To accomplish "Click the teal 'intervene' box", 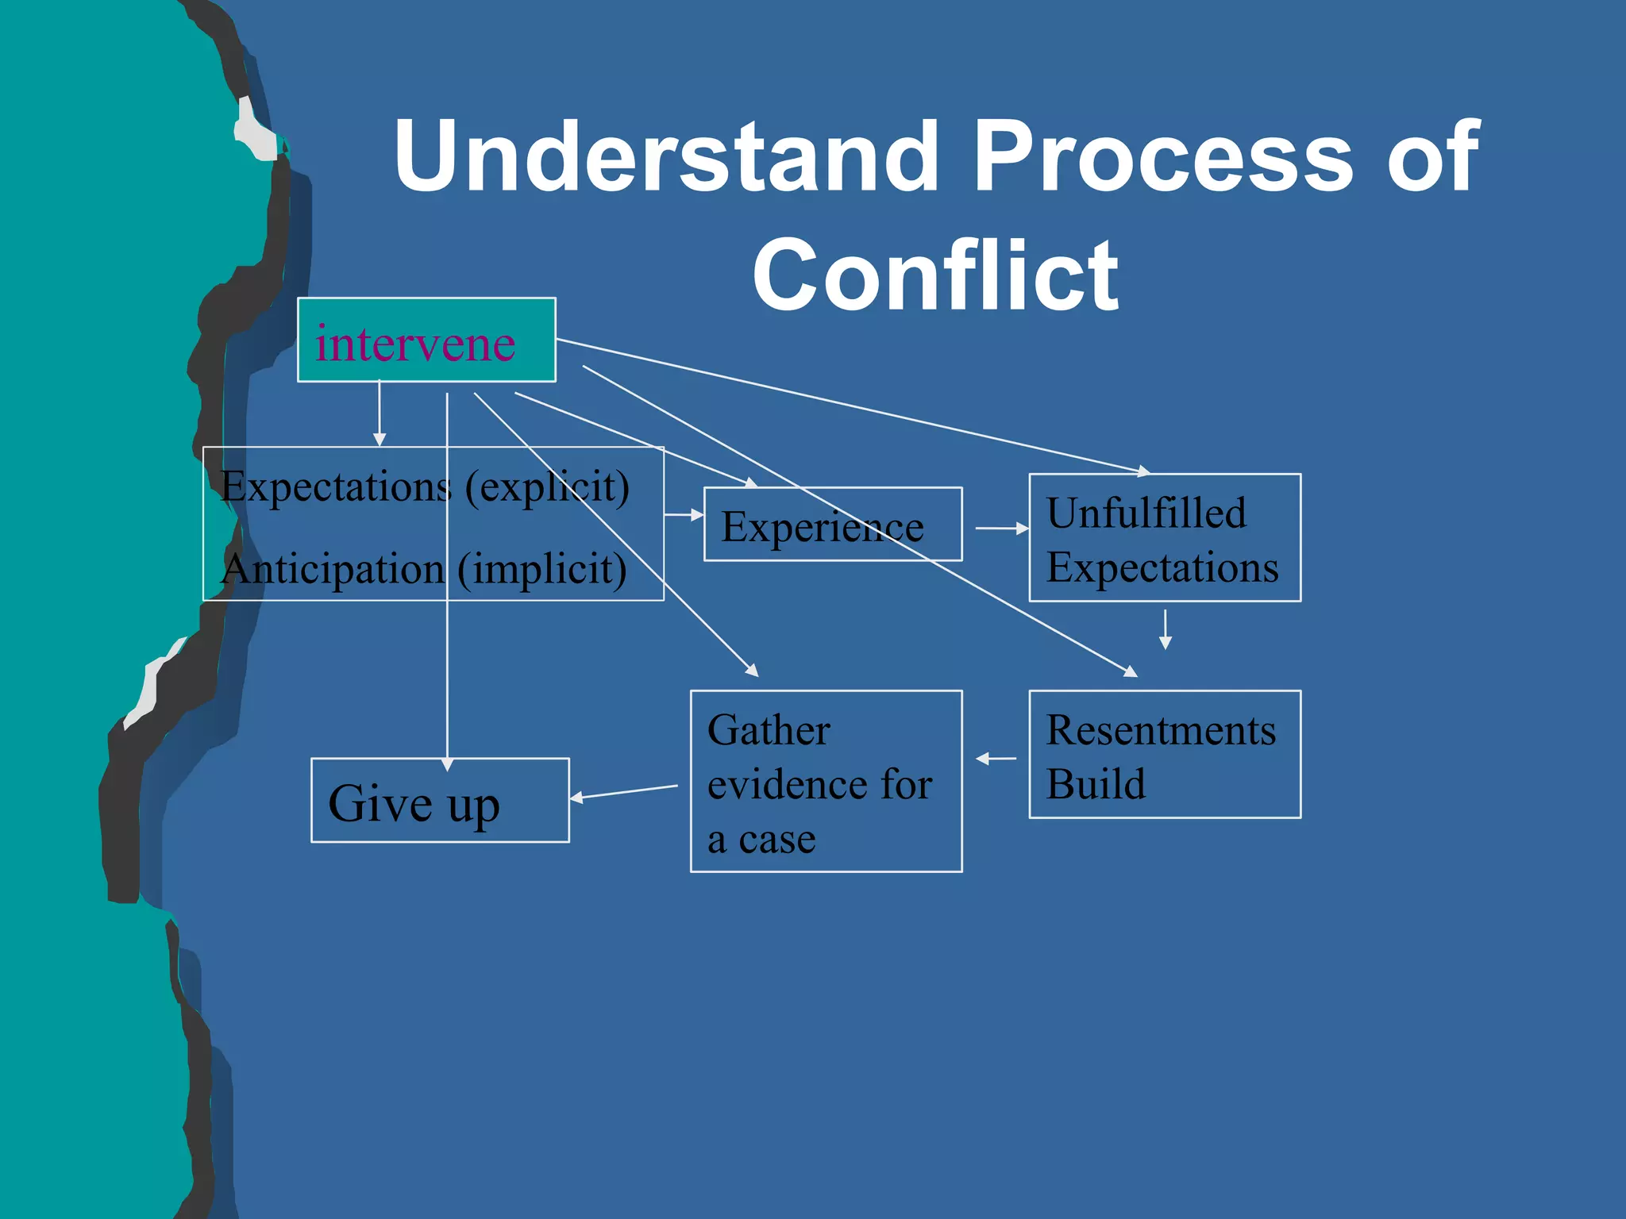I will tap(426, 340).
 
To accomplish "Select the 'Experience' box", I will tap(832, 525).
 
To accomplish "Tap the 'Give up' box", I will tap(440, 801).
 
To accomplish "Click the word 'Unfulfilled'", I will tap(1146, 513).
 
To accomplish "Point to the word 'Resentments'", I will tap(1161, 730).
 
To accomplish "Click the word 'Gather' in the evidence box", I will tap(769, 730).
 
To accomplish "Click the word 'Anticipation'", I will tap(333, 570).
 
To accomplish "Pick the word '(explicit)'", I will tap(546, 486).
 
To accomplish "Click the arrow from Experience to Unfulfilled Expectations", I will tap(1002, 528).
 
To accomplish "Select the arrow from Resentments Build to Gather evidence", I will tap(996, 759).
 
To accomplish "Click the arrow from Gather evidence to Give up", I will tap(624, 792).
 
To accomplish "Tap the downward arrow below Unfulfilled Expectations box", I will tap(1165, 629).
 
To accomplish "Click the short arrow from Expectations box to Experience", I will tap(684, 515).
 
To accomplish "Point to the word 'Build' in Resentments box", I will tap(1096, 784).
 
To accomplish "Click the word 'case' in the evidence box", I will tap(776, 840).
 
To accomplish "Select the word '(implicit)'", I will tap(541, 570).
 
